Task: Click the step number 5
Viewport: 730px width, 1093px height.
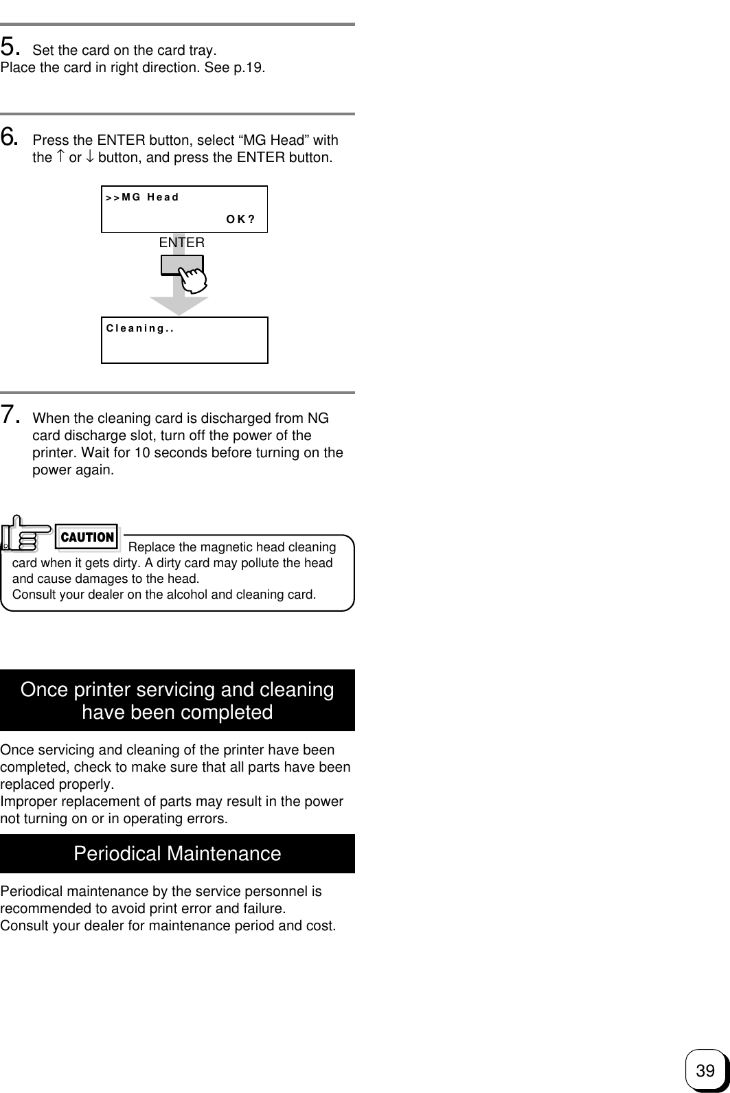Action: [10, 47]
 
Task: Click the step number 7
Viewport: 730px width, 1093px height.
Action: [10, 415]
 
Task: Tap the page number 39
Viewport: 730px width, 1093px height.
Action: [705, 1070]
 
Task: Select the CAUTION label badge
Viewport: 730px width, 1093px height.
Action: [87, 538]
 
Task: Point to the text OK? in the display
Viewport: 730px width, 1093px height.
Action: [240, 220]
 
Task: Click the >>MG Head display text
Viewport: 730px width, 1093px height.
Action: [142, 198]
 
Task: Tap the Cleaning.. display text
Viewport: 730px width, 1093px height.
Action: [139, 328]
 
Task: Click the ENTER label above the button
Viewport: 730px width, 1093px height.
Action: [181, 242]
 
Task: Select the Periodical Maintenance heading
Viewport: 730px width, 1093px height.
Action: [177, 854]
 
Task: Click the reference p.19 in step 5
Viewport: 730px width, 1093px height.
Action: [248, 68]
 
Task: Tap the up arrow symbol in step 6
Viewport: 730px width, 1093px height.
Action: [60, 157]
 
